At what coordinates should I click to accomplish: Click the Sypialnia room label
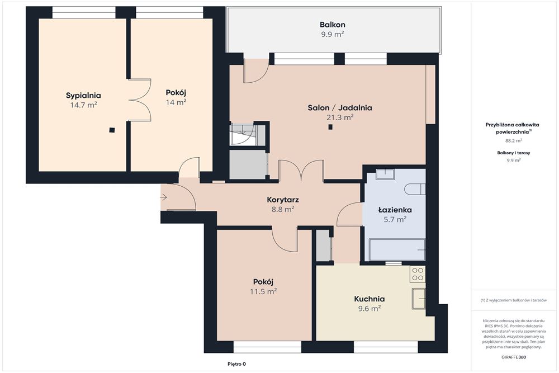pos(83,95)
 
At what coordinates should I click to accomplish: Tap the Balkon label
pos(332,25)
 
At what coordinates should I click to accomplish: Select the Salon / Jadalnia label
pos(340,108)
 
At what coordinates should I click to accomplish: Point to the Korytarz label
pos(283,200)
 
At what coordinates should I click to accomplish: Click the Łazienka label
pos(395,210)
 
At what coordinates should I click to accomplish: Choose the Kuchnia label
pos(369,299)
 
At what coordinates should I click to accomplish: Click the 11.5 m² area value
pos(263,291)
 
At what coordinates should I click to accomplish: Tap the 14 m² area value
pos(176,102)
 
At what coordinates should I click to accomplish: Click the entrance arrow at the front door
pos(164,197)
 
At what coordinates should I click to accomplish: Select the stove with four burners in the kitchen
pos(418,274)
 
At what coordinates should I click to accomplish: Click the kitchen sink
pos(419,299)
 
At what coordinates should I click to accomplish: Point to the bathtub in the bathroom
pos(397,250)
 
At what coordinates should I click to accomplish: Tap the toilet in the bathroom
pos(415,189)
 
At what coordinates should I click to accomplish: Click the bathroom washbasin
pos(385,174)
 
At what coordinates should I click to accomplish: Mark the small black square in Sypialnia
pos(112,130)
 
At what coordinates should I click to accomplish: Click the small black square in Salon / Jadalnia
pos(330,126)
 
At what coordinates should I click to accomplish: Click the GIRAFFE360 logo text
pos(513,357)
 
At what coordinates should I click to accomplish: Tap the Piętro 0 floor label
pos(236,364)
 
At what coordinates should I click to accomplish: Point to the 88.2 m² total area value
pos(514,140)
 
